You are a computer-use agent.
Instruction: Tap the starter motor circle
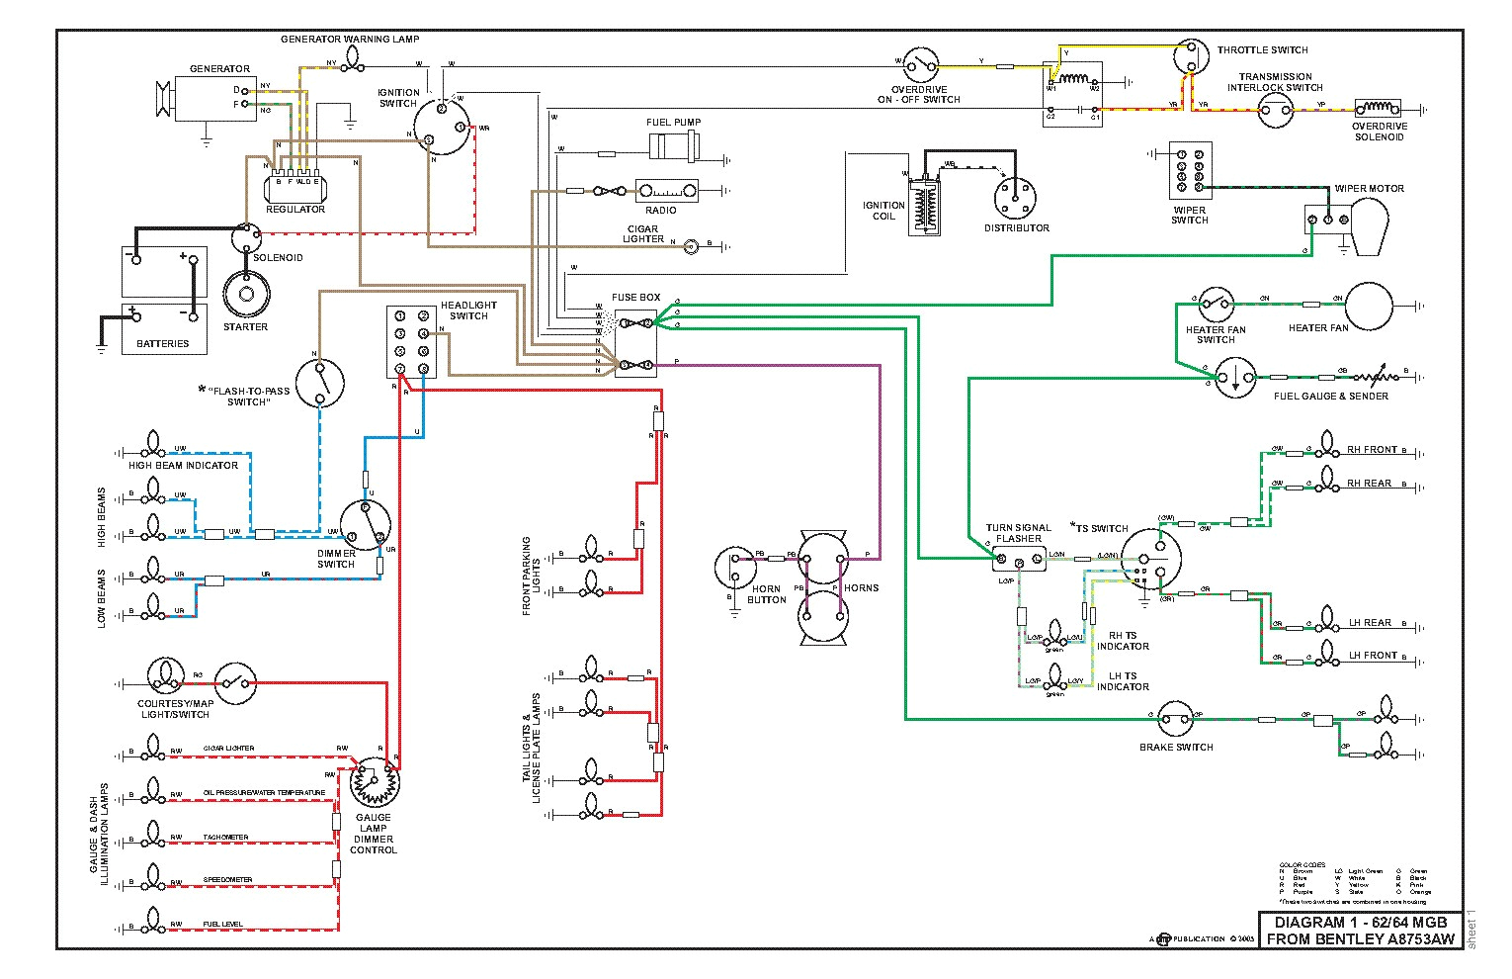[x=244, y=294]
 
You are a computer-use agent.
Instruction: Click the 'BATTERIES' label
[x=163, y=343]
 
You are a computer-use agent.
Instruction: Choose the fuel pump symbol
[x=674, y=147]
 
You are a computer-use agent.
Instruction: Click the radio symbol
[x=666, y=191]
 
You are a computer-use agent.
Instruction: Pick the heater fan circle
[x=1368, y=305]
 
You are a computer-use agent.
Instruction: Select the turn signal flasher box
[x=1019, y=559]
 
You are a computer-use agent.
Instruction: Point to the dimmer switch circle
[x=365, y=525]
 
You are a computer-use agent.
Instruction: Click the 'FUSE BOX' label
[x=635, y=297]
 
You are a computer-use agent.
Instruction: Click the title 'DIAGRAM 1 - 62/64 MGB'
[x=1360, y=923]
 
